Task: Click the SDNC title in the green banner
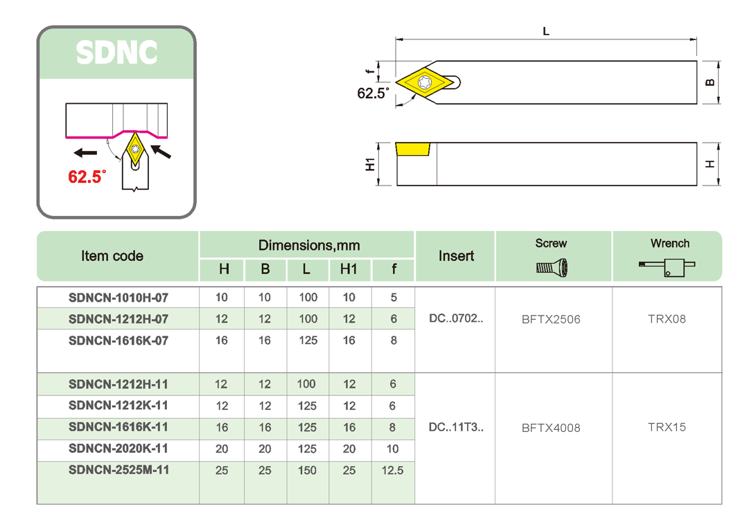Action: [116, 53]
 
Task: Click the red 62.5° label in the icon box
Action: [87, 177]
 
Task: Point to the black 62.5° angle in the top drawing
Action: [373, 93]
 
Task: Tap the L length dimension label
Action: [546, 31]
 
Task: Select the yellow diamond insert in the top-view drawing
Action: [423, 82]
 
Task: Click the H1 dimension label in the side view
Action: [370, 164]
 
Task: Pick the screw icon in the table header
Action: [552, 268]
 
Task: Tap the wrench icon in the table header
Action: [667, 267]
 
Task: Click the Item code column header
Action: [112, 256]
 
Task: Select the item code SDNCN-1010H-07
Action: [118, 298]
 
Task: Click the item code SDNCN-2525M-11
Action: [118, 470]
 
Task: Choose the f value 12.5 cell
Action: [392, 470]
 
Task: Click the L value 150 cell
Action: [307, 470]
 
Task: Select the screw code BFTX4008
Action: [551, 428]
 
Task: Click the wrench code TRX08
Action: [667, 319]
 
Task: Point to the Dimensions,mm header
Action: [308, 246]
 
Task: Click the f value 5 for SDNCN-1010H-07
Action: [394, 298]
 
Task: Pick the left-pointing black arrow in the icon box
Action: [86, 152]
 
